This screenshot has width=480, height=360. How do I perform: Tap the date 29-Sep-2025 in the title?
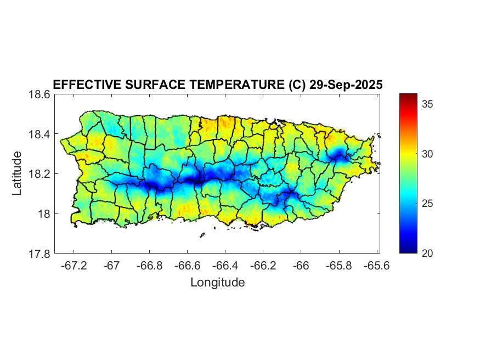click(x=346, y=85)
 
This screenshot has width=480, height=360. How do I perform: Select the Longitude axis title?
click(x=217, y=283)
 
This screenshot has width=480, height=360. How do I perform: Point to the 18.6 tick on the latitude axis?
click(x=40, y=94)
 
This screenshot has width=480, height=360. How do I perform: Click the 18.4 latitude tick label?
click(x=40, y=134)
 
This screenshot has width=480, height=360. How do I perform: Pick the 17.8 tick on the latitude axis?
click(x=40, y=254)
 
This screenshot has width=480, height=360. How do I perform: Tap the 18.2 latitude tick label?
click(x=40, y=174)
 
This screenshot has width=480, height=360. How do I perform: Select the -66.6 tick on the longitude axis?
click(x=187, y=266)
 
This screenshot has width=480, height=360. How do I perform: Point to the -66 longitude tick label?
click(x=301, y=266)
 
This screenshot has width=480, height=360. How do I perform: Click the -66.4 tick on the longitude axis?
click(x=225, y=266)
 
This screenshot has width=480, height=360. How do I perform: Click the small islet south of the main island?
click(x=202, y=235)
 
